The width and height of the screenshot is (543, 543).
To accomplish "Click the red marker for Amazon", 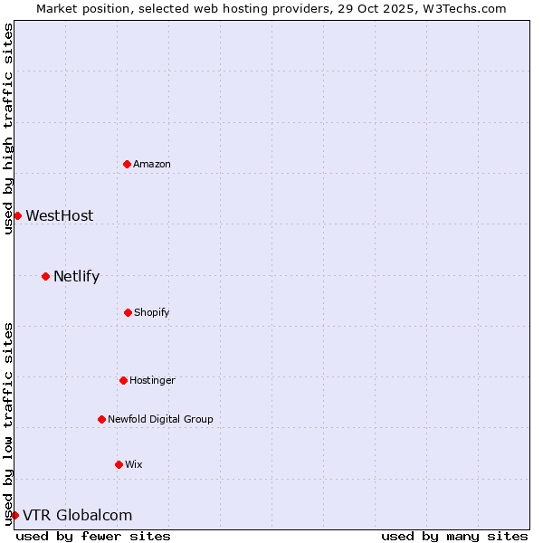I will [127, 164].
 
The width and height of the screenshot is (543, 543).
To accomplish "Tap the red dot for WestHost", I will [17, 215].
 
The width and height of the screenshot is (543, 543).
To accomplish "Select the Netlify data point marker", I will [45, 276].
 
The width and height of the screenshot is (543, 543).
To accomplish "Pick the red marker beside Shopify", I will [128, 312].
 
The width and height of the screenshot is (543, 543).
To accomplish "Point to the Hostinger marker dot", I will [123, 380].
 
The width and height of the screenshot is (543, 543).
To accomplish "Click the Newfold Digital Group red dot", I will [101, 419].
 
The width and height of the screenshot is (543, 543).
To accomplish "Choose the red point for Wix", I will [119, 464].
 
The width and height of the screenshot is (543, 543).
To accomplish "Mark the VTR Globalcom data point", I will [14, 515].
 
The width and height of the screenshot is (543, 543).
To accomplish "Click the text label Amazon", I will [152, 164].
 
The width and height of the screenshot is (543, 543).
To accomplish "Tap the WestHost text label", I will [59, 215].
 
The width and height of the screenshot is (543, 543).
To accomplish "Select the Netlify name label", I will [76, 276].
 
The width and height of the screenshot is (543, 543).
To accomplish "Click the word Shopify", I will [152, 312].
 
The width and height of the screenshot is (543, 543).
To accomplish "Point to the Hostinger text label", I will [152, 380].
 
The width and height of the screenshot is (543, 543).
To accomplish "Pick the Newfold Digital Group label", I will [160, 419].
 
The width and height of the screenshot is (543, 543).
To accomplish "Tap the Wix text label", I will [134, 464].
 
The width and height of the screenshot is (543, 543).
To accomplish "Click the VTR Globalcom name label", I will [77, 515].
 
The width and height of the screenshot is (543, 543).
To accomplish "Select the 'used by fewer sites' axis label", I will [93, 536].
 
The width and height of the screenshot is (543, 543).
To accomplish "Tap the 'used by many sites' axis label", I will [454, 536].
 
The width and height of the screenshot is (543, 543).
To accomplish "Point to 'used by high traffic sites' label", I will [8, 129].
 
